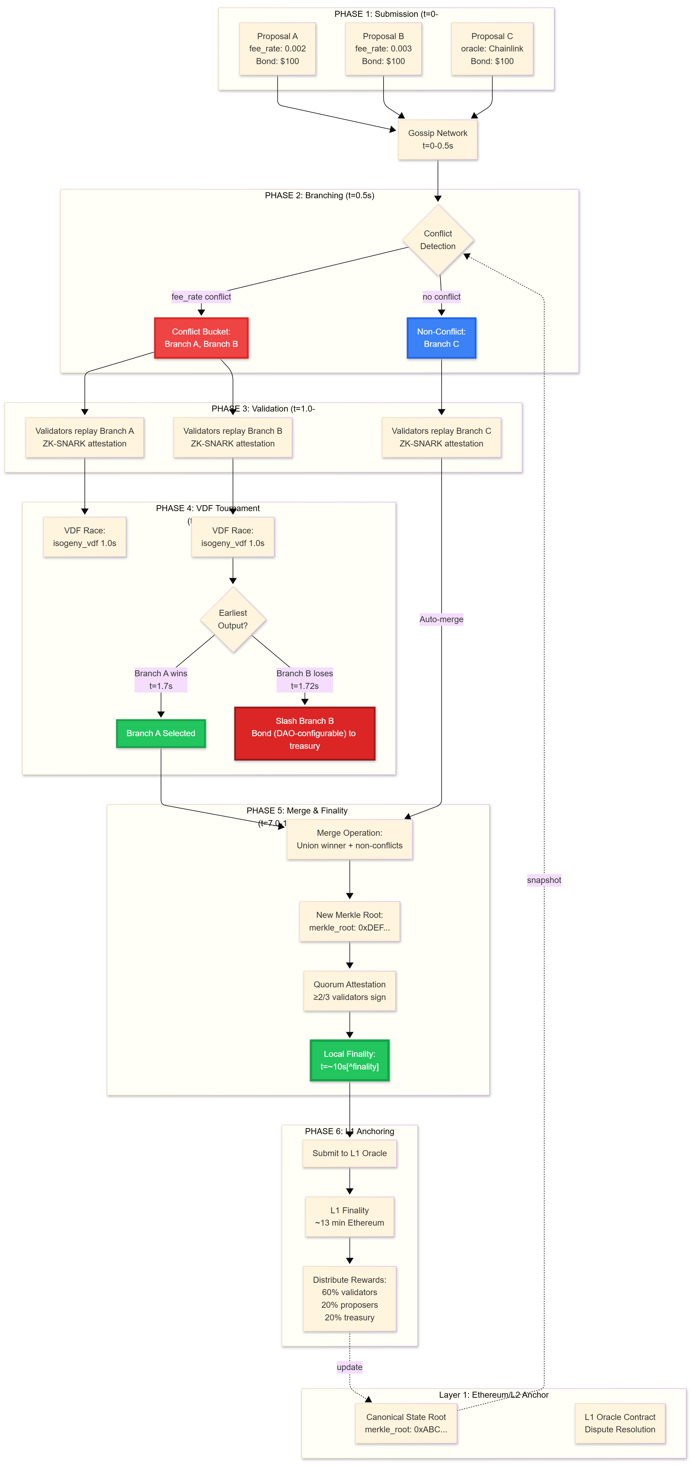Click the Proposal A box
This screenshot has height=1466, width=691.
pos(277,49)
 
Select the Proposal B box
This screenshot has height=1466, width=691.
pos(383,49)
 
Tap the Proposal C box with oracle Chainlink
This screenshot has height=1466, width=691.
pos(492,49)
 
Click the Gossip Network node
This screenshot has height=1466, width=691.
pos(437,139)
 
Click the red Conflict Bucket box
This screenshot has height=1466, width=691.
pos(201,338)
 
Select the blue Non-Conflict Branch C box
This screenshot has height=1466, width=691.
pos(441,338)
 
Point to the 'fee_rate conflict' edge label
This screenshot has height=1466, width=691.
pos(201,297)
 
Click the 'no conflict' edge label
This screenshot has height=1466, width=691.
pos(441,297)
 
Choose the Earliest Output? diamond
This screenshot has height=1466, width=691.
pos(233,619)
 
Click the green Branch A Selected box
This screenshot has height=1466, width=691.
pos(161,733)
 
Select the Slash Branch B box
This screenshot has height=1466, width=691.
pos(304,733)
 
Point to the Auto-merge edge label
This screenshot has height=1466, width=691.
pos(441,619)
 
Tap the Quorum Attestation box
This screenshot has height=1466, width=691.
pos(350,991)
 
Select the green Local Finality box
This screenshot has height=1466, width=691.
pos(350,1060)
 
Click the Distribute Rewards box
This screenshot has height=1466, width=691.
pos(350,1299)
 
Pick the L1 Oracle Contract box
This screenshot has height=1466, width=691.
pos(620,1423)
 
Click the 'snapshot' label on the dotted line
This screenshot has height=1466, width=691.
pos(544,880)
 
